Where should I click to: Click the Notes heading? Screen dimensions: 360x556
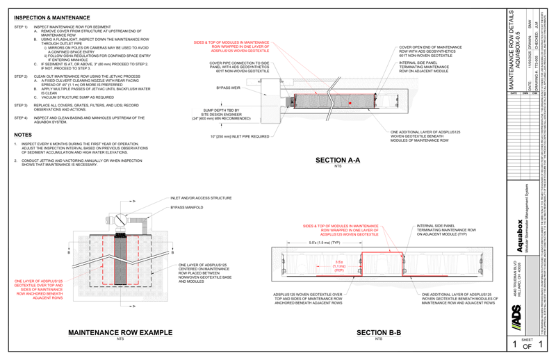click(23, 135)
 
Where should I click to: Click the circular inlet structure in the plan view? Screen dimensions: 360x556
click(122, 220)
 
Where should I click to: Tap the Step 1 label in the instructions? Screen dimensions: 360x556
click(19, 26)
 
